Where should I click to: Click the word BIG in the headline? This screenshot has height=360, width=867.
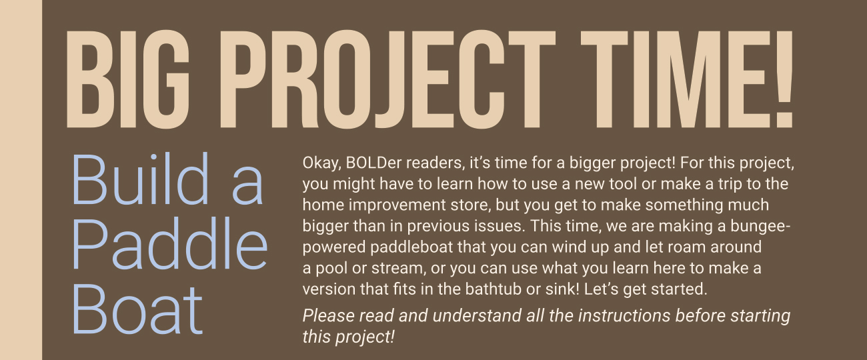(x=128, y=79)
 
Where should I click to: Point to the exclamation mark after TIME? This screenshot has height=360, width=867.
(x=784, y=79)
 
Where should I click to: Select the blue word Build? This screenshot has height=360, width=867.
(x=141, y=179)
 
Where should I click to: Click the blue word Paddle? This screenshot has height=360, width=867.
(x=169, y=244)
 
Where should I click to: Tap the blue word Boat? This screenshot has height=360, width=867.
(x=137, y=309)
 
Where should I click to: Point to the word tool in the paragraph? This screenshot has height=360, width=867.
(x=623, y=184)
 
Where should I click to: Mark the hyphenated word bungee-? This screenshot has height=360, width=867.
(x=760, y=227)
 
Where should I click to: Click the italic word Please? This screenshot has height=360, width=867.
(x=329, y=315)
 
